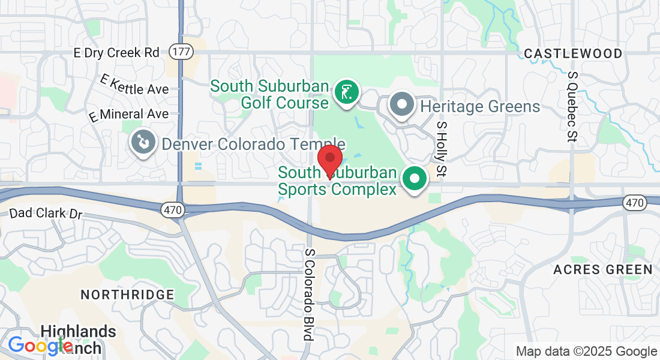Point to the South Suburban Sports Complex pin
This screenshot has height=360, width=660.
[414, 179]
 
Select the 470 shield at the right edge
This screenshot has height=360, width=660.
[634, 202]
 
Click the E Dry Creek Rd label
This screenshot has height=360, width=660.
[116, 53]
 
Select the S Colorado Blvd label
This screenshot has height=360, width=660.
[310, 295]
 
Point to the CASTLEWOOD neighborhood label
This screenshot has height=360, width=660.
[573, 54]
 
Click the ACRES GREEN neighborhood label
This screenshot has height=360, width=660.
[603, 269]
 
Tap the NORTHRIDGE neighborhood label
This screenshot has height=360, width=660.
[127, 295]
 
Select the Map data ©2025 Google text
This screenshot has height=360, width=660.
[587, 352]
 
